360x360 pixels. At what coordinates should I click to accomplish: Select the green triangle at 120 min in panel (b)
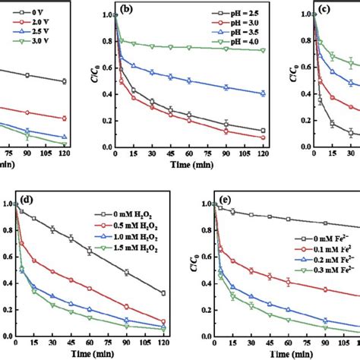coord(263,50)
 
